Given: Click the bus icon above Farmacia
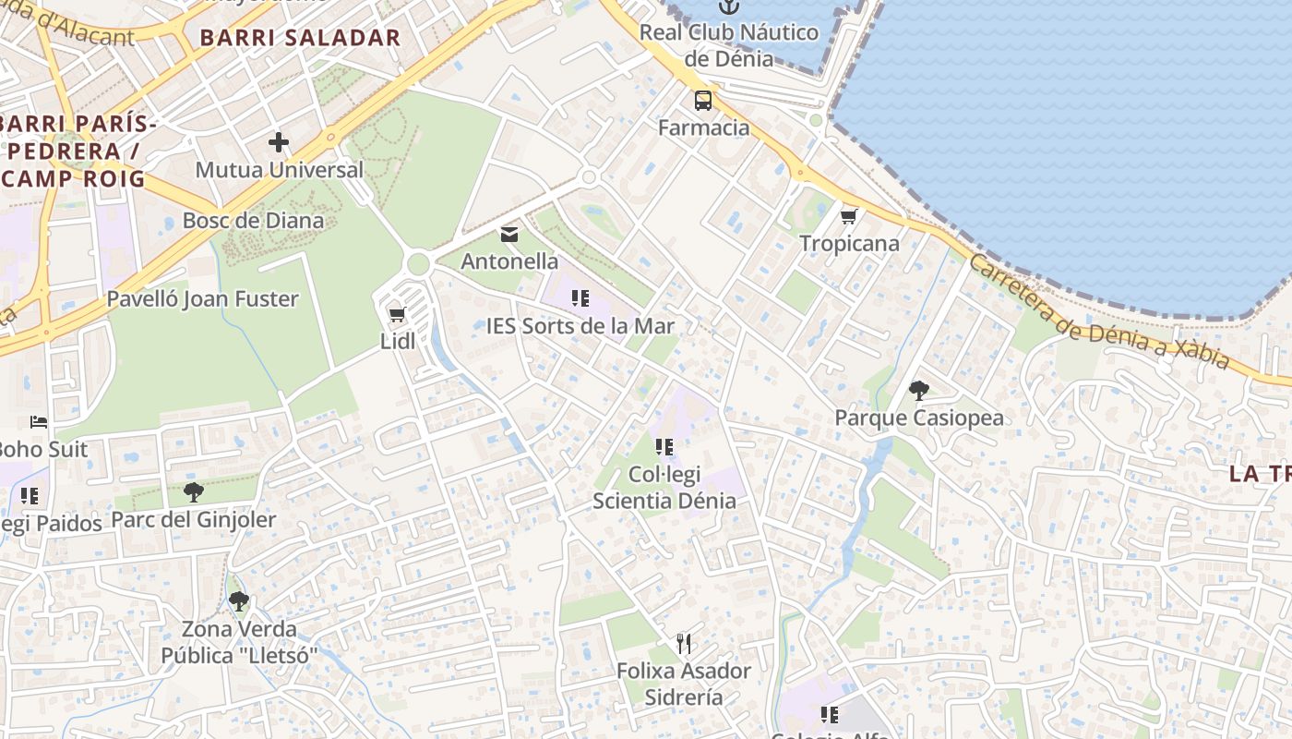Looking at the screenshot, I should (703, 101).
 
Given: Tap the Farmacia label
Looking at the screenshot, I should (703, 127).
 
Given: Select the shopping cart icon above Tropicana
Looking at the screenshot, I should (849, 216).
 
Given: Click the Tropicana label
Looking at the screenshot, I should (849, 244).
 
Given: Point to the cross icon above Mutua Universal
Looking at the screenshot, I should (279, 142).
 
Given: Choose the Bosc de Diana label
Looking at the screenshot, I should (253, 221).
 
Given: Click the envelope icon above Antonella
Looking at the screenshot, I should (509, 234).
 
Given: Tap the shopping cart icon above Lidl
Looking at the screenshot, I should (398, 314).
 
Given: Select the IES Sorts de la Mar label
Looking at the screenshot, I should (580, 326).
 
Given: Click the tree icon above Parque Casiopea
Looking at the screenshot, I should (918, 391).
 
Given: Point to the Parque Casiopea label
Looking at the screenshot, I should (919, 418).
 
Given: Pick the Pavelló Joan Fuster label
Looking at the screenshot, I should (203, 299).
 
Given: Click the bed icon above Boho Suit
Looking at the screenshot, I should (39, 422).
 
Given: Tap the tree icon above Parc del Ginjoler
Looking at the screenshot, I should (193, 491).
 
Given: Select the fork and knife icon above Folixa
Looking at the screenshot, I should (684, 643).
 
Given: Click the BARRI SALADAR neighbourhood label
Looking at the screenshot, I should (300, 38).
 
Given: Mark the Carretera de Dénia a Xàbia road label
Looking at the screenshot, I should (1098, 312).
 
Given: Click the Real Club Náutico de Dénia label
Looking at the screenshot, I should (729, 45).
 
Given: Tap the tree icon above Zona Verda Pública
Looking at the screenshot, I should (239, 601).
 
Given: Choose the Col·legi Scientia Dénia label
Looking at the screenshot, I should (664, 488).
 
